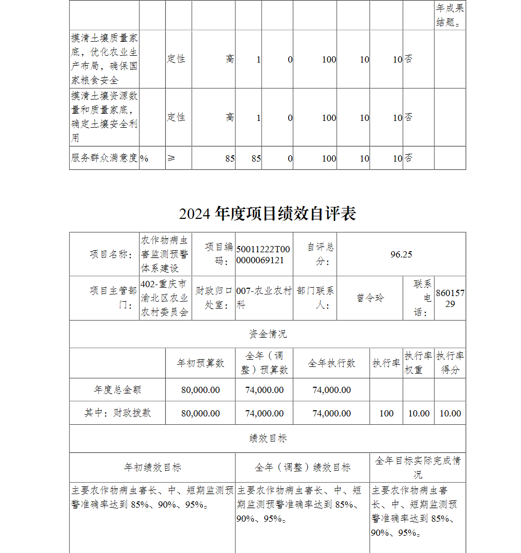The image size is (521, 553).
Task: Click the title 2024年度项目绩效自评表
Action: [267, 214]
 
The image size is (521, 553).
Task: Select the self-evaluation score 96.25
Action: [401, 254]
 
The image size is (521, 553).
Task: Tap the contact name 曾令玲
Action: [370, 298]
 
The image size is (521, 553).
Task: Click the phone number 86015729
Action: [450, 298]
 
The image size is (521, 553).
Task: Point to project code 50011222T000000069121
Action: [263, 254]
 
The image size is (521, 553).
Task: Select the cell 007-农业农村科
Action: [264, 298]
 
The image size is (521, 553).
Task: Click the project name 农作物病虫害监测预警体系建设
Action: [165, 254]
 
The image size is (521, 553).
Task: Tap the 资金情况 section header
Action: [267, 334]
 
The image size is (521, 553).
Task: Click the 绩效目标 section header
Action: [267, 439]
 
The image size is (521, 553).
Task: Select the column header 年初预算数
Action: [201, 363]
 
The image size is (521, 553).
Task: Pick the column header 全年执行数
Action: [331, 363]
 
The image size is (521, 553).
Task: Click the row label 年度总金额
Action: [117, 390]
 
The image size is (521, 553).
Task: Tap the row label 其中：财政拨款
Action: [117, 413]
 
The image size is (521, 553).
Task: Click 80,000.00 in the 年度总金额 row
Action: [201, 390]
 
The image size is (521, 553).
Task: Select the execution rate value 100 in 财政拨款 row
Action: [387, 413]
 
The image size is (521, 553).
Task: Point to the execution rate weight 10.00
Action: [419, 413]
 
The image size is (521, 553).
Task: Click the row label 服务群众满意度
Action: [104, 158]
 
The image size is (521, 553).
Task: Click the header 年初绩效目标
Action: [152, 468]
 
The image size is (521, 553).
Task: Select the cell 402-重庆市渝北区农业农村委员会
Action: [165, 298]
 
